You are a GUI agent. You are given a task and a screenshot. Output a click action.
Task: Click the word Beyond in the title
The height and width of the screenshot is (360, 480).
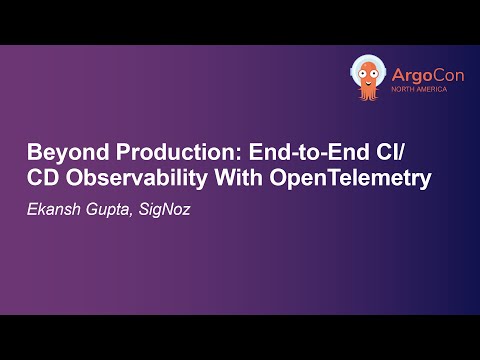(x=63, y=156)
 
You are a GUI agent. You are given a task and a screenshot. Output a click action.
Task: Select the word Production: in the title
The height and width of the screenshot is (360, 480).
(x=159, y=156)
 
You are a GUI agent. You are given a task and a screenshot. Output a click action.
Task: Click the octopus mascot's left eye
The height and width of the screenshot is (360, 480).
(x=364, y=71)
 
